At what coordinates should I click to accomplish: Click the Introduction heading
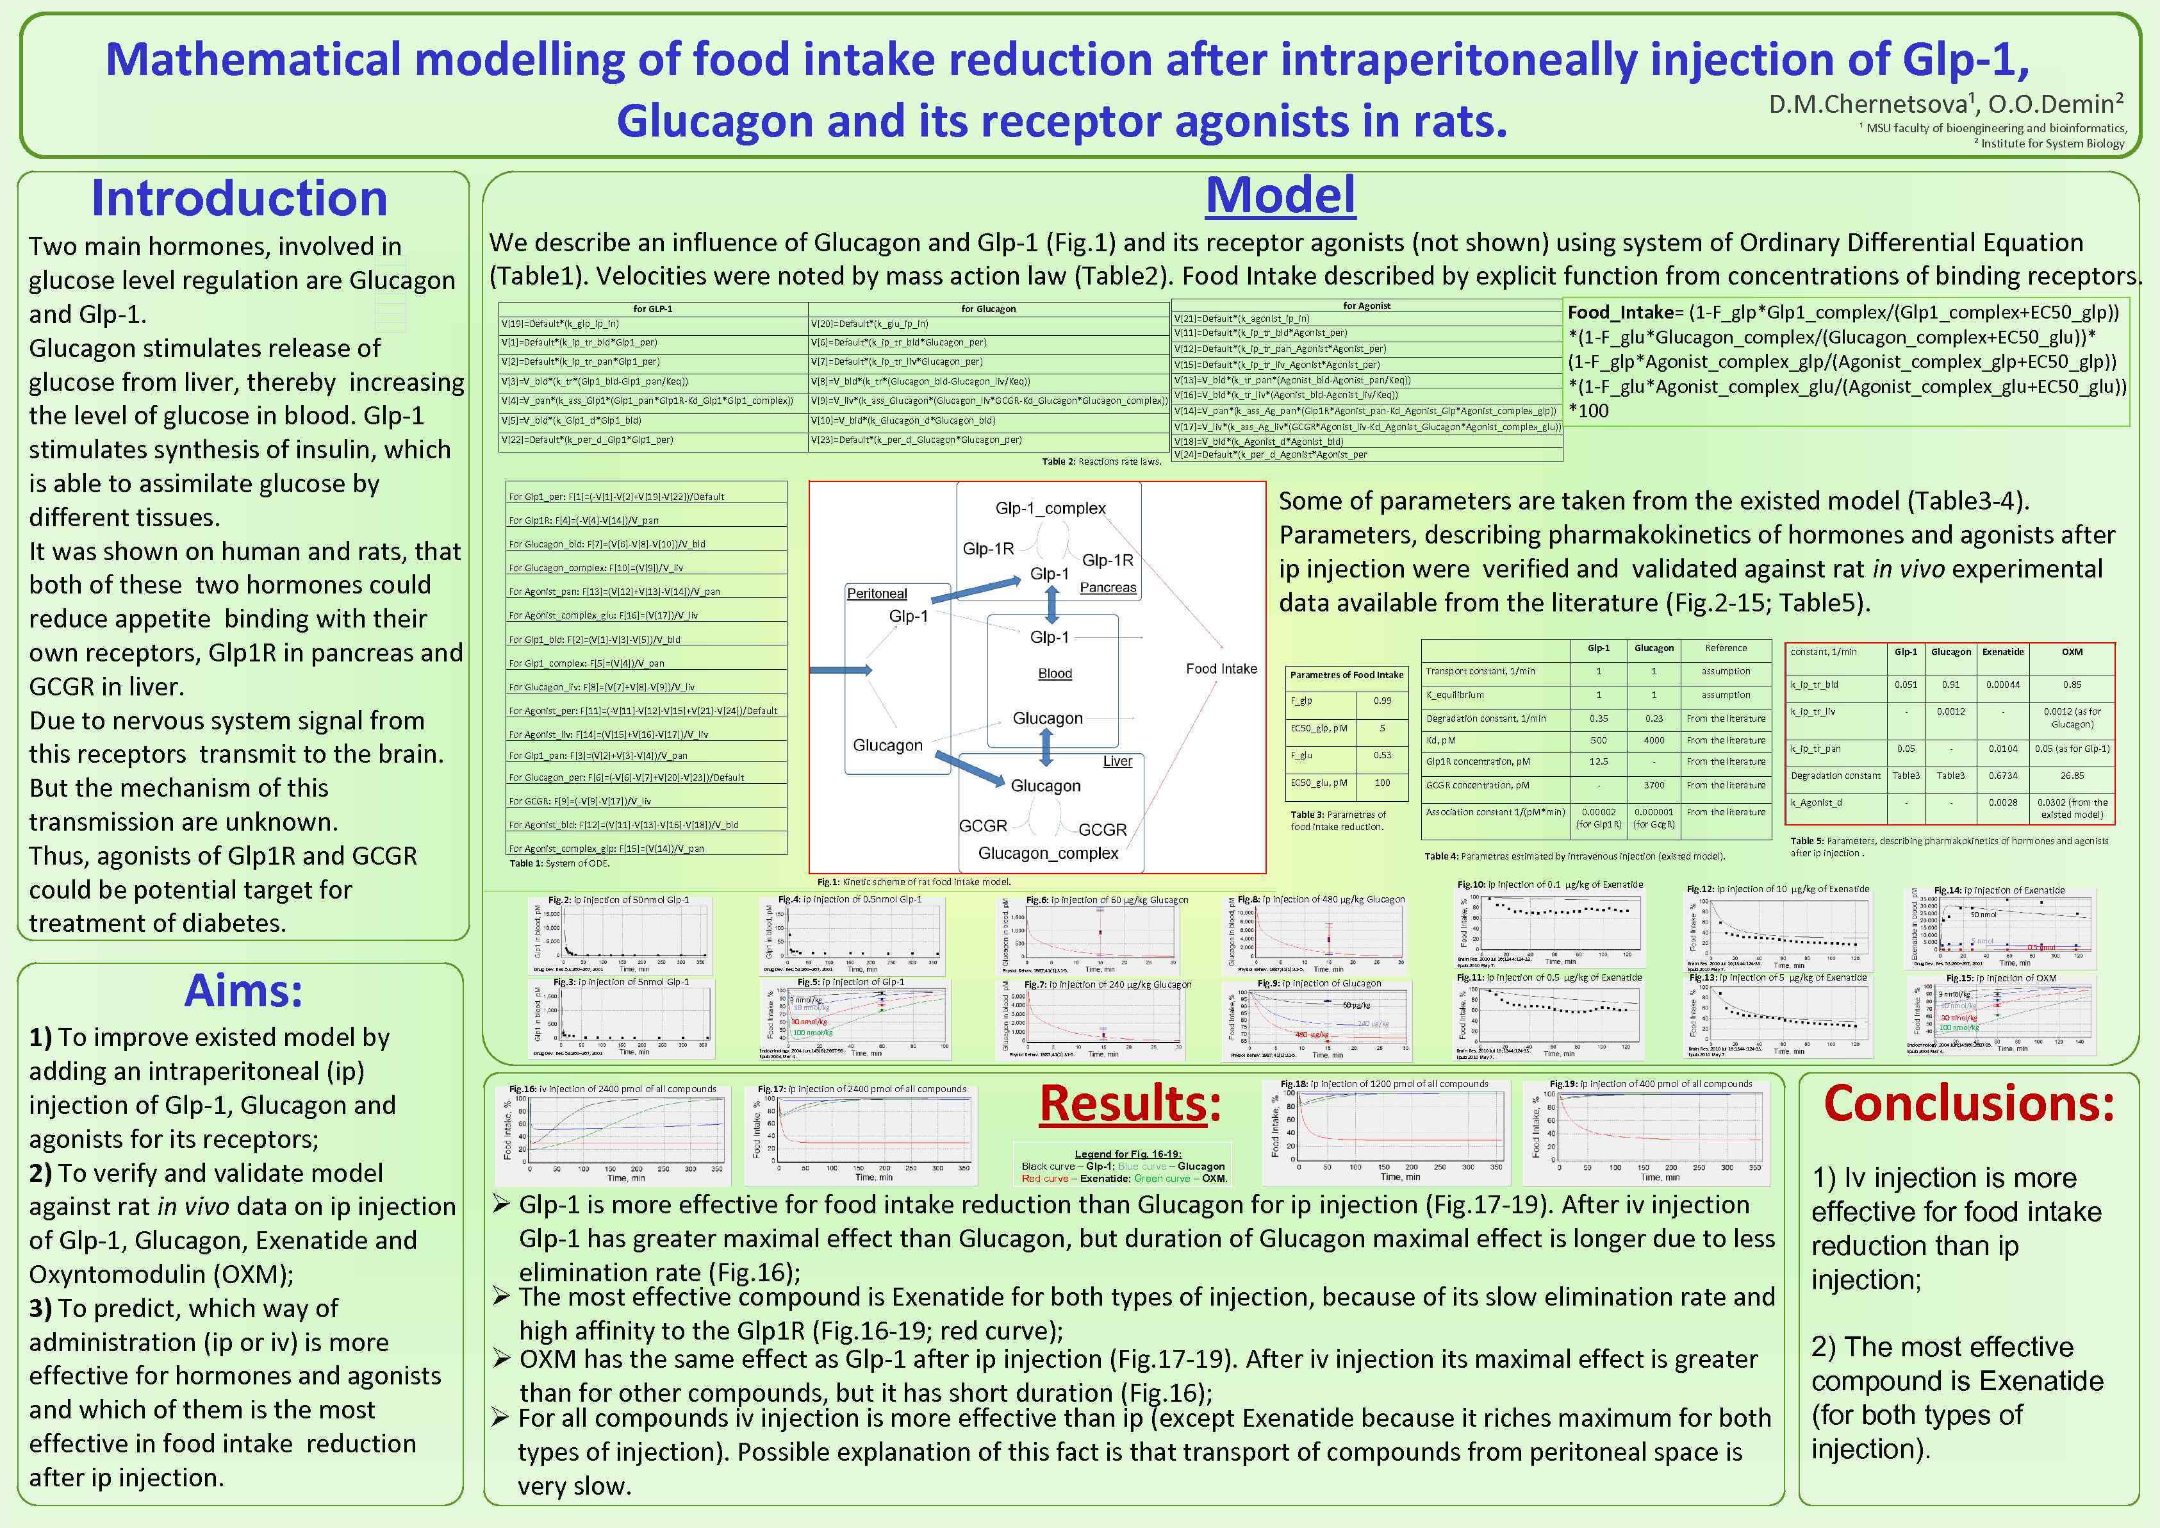(239, 199)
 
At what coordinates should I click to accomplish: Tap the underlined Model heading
(1280, 195)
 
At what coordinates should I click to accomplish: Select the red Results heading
(1129, 1104)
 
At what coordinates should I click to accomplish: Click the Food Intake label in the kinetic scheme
(1221, 669)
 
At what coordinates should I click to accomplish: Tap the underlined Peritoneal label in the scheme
(877, 594)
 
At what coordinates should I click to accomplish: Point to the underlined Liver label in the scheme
(1117, 761)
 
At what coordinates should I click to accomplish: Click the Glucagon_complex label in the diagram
(1048, 853)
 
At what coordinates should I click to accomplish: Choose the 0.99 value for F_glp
(1382, 701)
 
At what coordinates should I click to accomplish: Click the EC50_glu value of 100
(1382, 783)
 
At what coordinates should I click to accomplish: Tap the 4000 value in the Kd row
(1654, 740)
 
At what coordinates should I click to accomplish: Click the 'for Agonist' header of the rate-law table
(1366, 306)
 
